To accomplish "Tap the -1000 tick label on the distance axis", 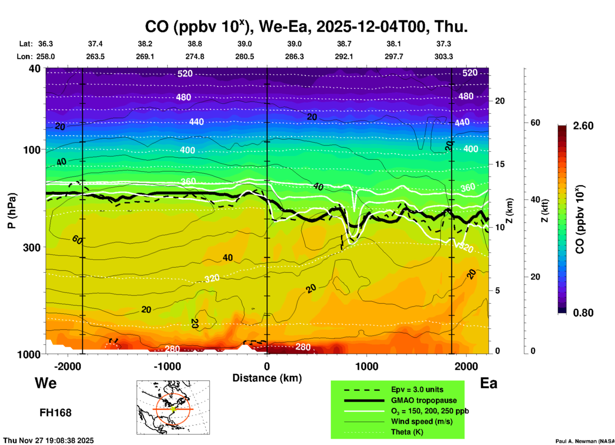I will (x=167, y=366).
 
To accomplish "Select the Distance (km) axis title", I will (x=267, y=378).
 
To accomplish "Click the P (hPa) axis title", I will (x=11, y=210).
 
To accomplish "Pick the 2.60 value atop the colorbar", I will (x=583, y=126).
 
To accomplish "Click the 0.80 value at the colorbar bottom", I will (x=583, y=313).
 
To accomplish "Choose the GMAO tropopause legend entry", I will (x=424, y=400).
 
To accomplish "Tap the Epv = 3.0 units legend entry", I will (x=417, y=389).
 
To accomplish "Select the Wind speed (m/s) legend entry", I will (x=421, y=421).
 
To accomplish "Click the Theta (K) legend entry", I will (x=407, y=432).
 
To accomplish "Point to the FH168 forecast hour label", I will (x=55, y=413).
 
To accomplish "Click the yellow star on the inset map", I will (x=173, y=409).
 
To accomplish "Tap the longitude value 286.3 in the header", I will (x=294, y=57).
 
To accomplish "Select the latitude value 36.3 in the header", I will (x=45, y=44).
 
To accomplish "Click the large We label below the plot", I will (x=46, y=383).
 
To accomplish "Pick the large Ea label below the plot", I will (x=489, y=383).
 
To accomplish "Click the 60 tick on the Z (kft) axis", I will (x=535, y=123).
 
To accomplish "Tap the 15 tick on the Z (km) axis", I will (x=500, y=164).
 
